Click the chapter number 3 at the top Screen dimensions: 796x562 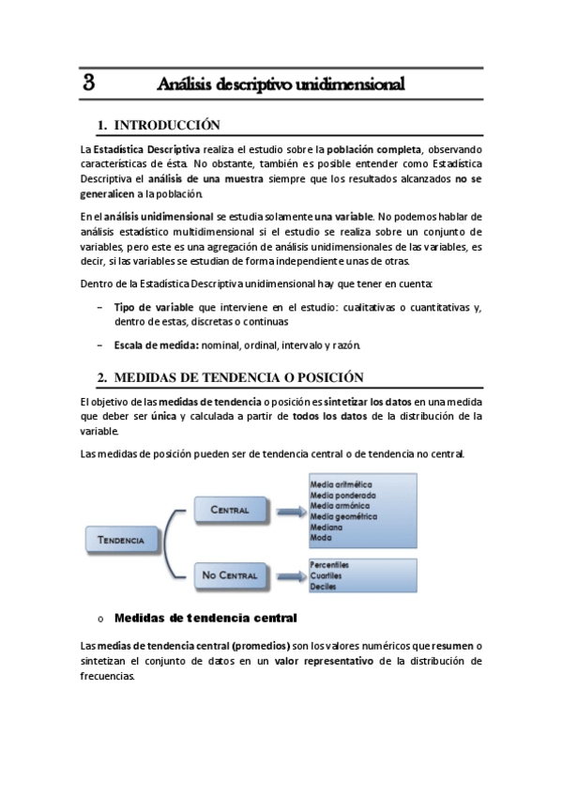(89, 83)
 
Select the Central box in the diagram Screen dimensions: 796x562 (230, 511)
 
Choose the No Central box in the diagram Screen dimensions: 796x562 (230, 574)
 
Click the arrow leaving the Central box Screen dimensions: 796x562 (287, 511)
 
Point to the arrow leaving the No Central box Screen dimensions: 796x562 (287, 574)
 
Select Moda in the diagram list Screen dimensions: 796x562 (320, 539)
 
